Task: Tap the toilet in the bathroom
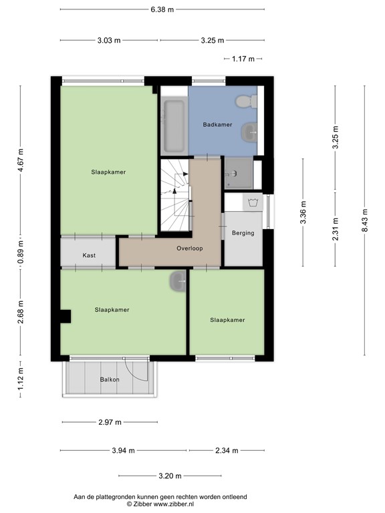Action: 245,102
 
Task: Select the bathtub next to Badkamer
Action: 173,125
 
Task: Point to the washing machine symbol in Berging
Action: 252,202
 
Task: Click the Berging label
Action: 243,233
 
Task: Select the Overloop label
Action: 190,248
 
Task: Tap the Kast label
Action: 89,255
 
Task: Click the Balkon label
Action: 110,379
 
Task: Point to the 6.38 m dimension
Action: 162,9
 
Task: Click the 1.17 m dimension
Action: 243,59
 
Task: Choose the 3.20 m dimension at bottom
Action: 170,476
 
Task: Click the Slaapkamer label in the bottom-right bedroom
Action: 227,320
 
